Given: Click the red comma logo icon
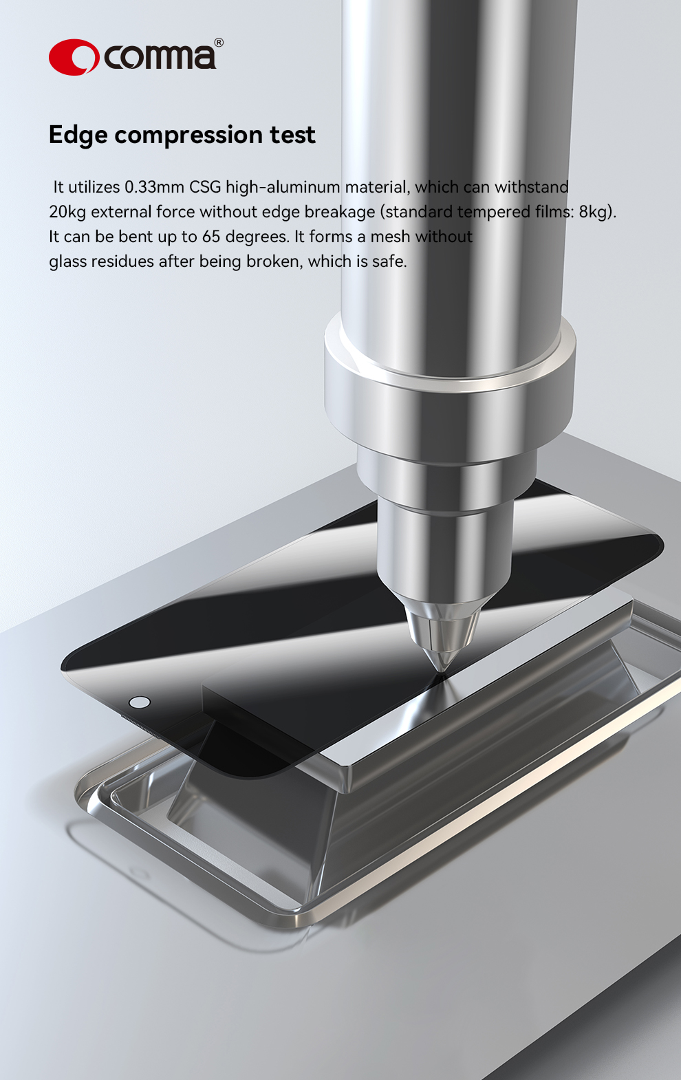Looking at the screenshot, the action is pos(74,57).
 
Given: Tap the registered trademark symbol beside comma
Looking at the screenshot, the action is pos(219,43).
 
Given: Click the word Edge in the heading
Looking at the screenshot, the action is pos(78,136).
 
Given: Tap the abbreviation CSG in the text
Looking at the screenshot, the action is pos(205,187).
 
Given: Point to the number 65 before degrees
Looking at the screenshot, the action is pos(211,237).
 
